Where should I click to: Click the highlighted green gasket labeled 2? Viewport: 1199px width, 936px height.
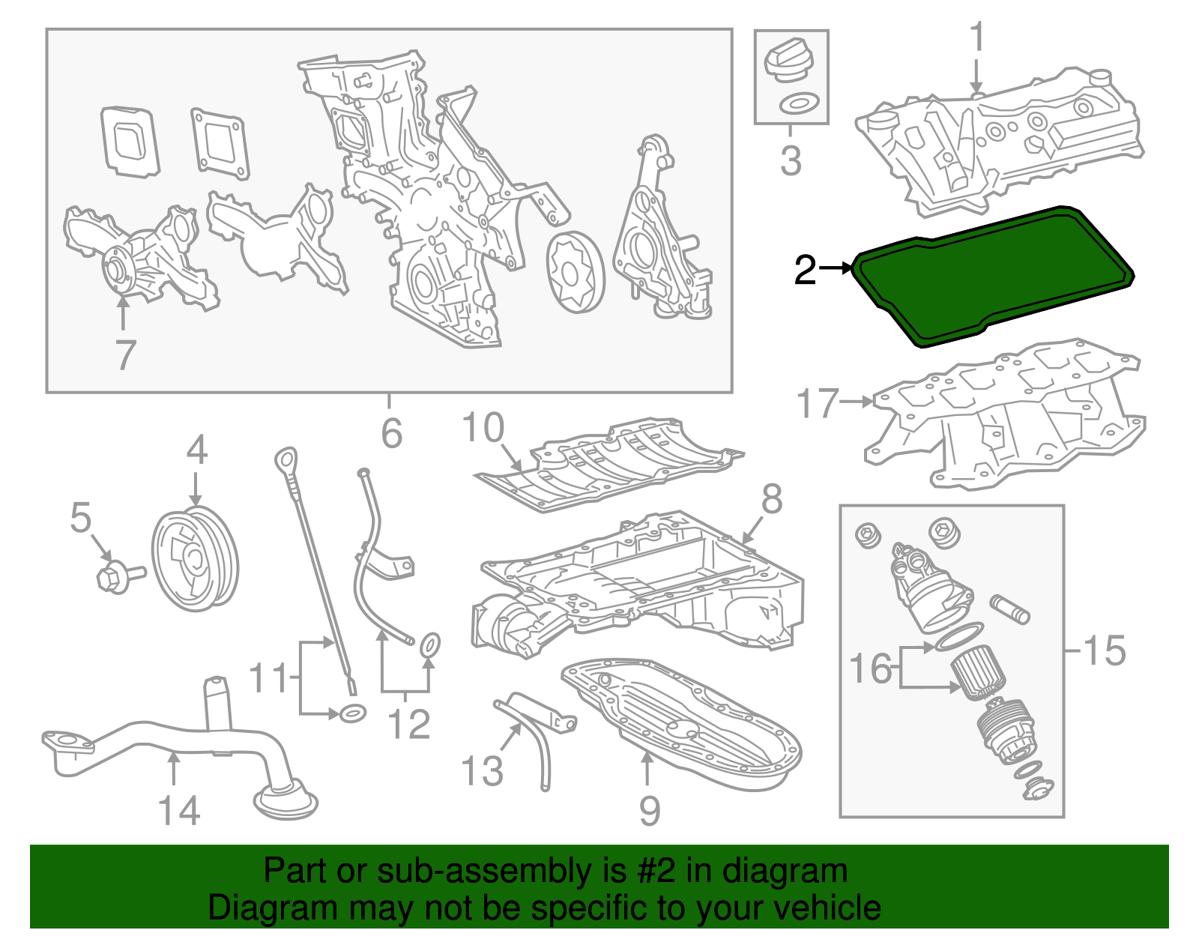[x=989, y=277]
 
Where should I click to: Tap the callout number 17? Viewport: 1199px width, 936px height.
[x=817, y=403]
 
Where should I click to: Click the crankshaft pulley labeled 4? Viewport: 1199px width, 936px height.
[x=195, y=558]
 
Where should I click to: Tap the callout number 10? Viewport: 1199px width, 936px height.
[x=483, y=428]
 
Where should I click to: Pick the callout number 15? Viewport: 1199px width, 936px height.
[x=1105, y=650]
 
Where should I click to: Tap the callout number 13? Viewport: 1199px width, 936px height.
[x=482, y=770]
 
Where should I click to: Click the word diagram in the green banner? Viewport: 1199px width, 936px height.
[x=802, y=872]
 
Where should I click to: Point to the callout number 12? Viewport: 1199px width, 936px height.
[x=409, y=724]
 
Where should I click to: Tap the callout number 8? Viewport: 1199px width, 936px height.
[x=772, y=499]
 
